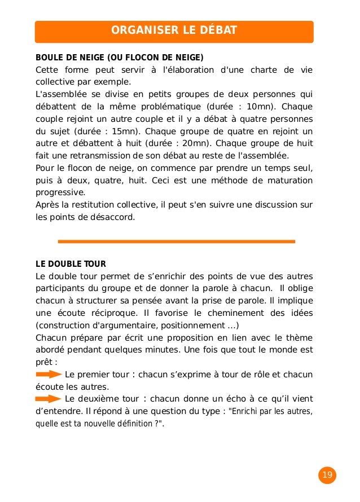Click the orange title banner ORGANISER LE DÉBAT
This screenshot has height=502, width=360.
[x=174, y=30]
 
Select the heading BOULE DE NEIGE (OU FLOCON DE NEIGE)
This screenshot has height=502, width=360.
[x=119, y=58]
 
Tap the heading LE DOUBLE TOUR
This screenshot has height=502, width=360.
[x=71, y=264]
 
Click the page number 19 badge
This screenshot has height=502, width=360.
[x=327, y=475]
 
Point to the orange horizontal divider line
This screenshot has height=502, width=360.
[x=176, y=241]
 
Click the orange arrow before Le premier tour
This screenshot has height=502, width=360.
[x=49, y=374]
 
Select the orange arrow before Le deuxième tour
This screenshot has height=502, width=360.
[x=49, y=399]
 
